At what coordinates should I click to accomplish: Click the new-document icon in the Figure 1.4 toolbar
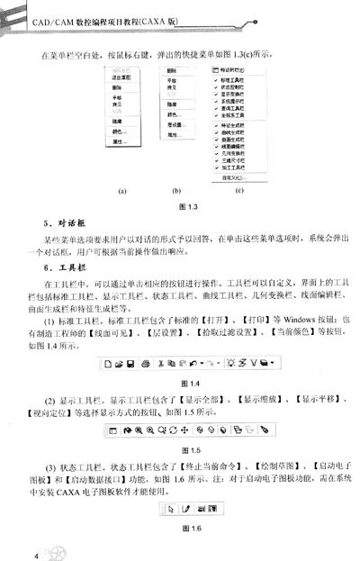[108, 340]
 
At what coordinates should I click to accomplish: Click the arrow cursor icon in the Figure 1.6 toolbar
[162, 509]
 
